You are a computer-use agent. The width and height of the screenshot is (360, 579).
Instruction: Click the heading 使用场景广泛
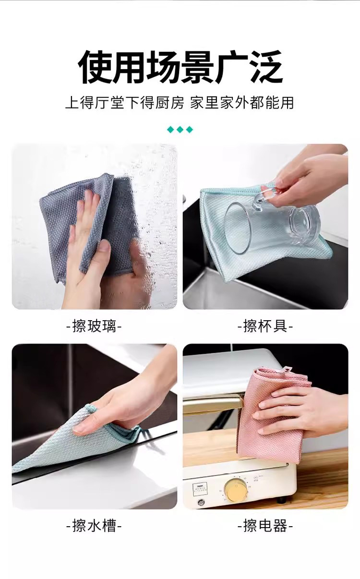coord(180,67)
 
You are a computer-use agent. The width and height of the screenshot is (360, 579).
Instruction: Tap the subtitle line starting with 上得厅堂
coord(180,103)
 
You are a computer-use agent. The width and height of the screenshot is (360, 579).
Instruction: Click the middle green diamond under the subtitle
coord(180,130)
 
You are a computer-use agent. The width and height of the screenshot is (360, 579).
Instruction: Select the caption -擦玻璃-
coord(94,326)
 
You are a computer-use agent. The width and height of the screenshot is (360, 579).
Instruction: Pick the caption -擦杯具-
coord(265,326)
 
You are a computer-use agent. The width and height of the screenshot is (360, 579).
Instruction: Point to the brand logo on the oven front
coord(200,488)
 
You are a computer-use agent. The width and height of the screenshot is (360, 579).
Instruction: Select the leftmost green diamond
coord(170,130)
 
